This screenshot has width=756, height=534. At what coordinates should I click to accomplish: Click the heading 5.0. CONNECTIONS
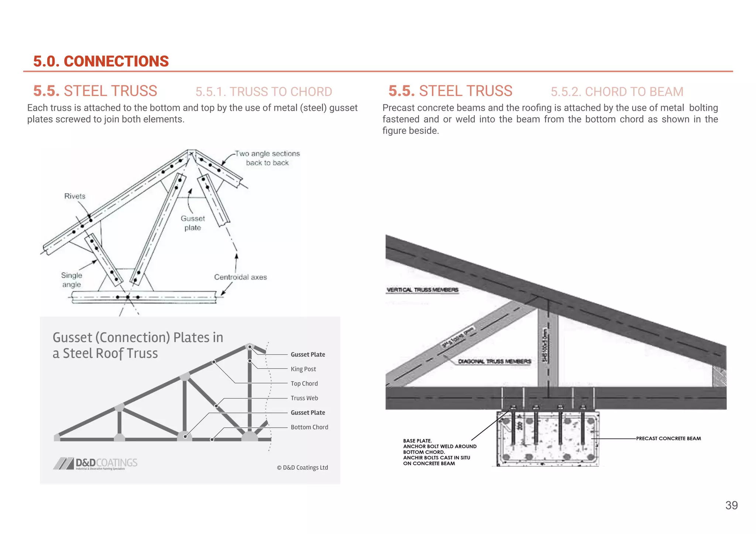pyautogui.click(x=101, y=61)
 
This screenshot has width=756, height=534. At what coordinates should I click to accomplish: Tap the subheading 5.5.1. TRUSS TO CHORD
pyautogui.click(x=264, y=92)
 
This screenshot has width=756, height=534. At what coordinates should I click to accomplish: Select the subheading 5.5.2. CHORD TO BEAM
pyautogui.click(x=617, y=92)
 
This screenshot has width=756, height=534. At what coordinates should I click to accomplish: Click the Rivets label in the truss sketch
pyautogui.click(x=75, y=196)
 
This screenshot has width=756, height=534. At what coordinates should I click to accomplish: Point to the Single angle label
pyautogui.click(x=72, y=280)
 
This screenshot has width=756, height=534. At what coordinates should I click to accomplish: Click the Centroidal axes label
pyautogui.click(x=240, y=277)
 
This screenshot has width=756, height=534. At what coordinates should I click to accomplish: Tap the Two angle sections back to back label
pyautogui.click(x=267, y=158)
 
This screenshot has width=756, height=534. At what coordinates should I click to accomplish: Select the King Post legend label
pyautogui.click(x=303, y=369)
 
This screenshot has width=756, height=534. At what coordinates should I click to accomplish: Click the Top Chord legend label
pyautogui.click(x=304, y=383)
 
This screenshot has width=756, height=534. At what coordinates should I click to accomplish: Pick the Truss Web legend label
pyautogui.click(x=304, y=398)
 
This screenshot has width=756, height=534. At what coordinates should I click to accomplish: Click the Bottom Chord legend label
pyautogui.click(x=309, y=427)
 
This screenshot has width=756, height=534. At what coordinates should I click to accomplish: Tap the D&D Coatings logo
pyautogui.click(x=95, y=463)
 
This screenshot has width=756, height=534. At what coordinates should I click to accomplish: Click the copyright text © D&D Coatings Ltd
pyautogui.click(x=302, y=468)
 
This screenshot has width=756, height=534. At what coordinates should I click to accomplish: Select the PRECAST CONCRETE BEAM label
pyautogui.click(x=668, y=438)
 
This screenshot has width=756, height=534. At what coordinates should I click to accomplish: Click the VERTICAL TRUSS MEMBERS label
pyautogui.click(x=422, y=290)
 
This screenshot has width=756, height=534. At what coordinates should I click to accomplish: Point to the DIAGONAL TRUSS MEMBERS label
pyautogui.click(x=494, y=361)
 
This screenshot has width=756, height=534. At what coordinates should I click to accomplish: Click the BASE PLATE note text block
pyautogui.click(x=439, y=452)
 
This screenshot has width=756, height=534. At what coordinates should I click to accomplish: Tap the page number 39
pyautogui.click(x=731, y=505)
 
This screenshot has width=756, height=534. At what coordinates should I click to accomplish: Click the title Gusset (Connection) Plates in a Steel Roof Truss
pyautogui.click(x=138, y=345)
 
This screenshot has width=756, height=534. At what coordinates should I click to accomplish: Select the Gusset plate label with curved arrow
pyautogui.click(x=193, y=223)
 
